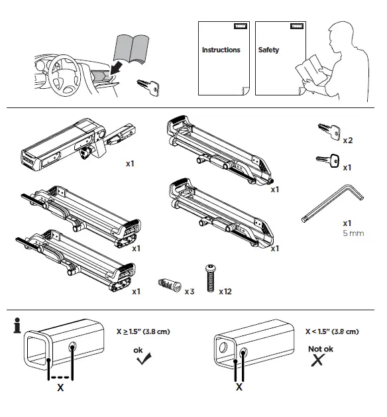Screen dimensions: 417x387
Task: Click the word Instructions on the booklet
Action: click(x=221, y=50)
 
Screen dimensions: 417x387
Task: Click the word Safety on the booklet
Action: click(x=268, y=50)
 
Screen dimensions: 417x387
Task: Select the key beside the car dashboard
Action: click(x=146, y=86)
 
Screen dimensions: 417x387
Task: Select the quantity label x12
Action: click(x=225, y=291)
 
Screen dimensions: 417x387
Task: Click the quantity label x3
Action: click(x=190, y=291)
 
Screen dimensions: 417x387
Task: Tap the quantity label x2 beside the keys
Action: click(x=347, y=141)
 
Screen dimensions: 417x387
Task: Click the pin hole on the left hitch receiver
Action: click(x=72, y=348)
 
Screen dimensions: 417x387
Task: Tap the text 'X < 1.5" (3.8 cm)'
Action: click(x=331, y=331)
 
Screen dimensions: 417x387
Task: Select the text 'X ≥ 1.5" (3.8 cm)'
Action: click(x=143, y=331)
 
